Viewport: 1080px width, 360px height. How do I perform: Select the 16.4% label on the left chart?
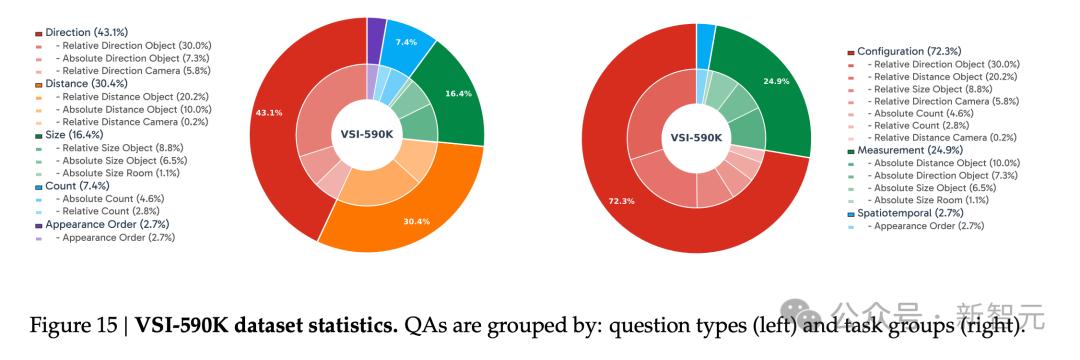(458, 94)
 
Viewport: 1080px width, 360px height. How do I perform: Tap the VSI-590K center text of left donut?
(366, 134)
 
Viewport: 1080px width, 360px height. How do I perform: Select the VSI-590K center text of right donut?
(696, 138)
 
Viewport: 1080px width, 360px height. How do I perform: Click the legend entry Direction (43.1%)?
(86, 32)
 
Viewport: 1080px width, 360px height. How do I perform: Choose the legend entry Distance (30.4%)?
(85, 84)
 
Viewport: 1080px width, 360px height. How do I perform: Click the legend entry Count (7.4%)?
(77, 186)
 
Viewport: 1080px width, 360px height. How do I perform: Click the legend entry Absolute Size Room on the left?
(116, 173)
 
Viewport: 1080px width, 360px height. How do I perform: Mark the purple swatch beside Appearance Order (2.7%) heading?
(39, 225)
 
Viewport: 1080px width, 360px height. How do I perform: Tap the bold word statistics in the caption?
(360, 324)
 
